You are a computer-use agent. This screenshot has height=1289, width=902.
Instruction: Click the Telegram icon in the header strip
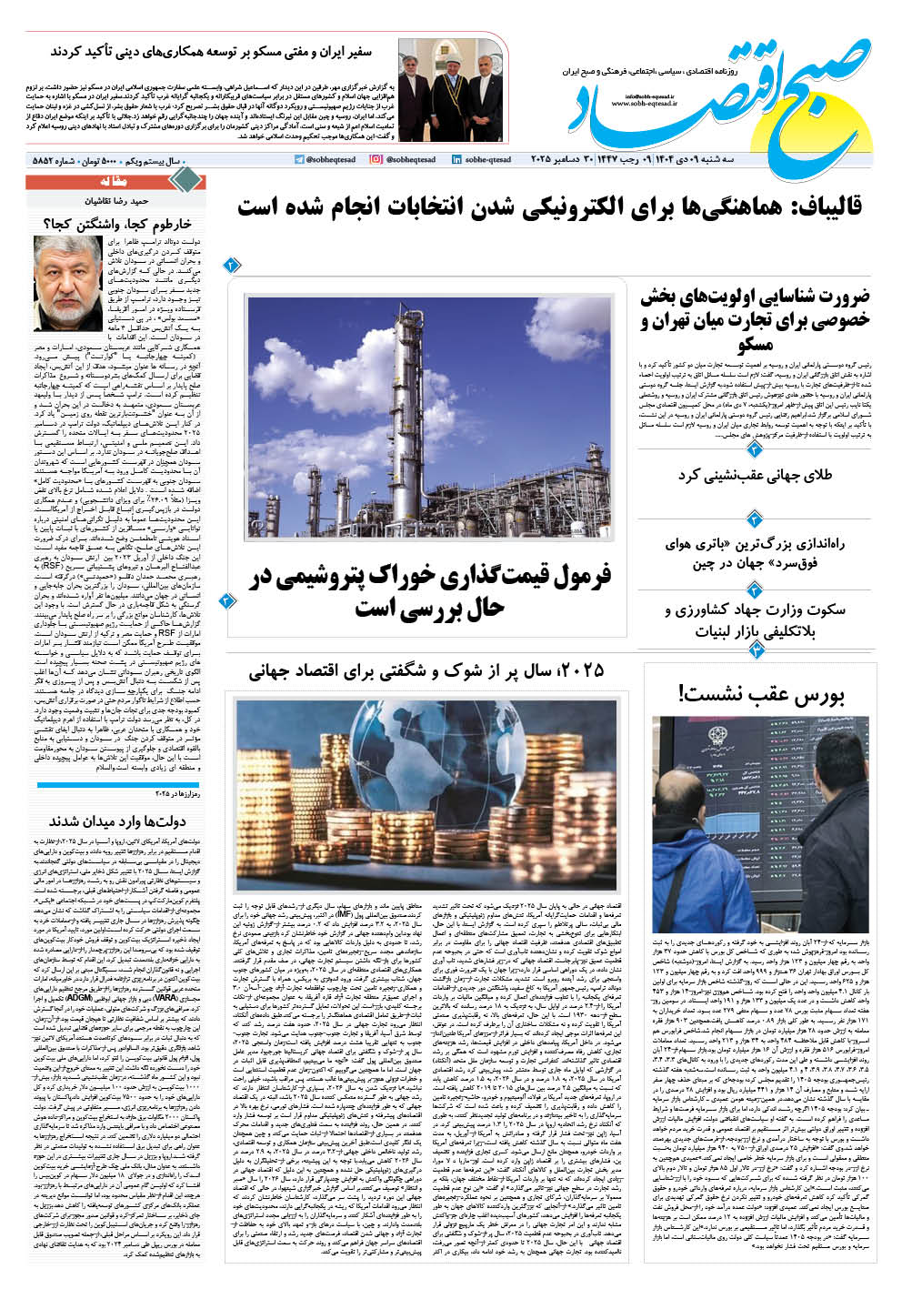point(299,160)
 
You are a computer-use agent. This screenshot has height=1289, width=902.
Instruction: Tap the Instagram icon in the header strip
point(376,160)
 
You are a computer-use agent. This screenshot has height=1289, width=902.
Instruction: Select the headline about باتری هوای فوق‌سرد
point(756,553)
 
